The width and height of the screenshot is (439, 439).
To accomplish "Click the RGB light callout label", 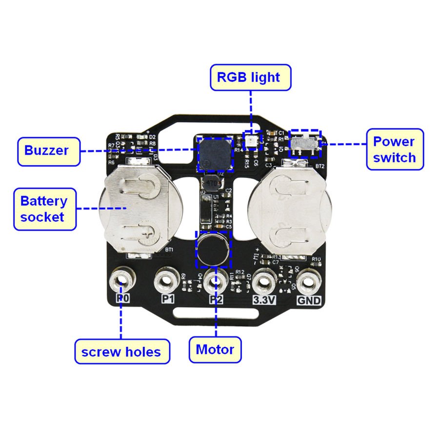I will pyautogui.click(x=251, y=78).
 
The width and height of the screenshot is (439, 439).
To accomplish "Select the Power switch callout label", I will pyautogui.click(x=395, y=150).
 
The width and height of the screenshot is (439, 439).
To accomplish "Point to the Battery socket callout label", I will pyautogui.click(x=44, y=209).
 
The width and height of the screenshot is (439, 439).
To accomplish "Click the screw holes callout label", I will pyautogui.click(x=121, y=352).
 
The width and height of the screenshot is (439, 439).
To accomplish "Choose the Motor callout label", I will pyautogui.click(x=215, y=350).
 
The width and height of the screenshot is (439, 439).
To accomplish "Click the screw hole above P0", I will pyautogui.click(x=121, y=280).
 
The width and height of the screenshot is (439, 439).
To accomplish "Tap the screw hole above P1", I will pyautogui.click(x=167, y=280).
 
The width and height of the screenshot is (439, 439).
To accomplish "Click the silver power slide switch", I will pyautogui.click(x=305, y=143).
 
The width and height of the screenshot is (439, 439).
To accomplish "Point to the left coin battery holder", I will pyautogui.click(x=139, y=210).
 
